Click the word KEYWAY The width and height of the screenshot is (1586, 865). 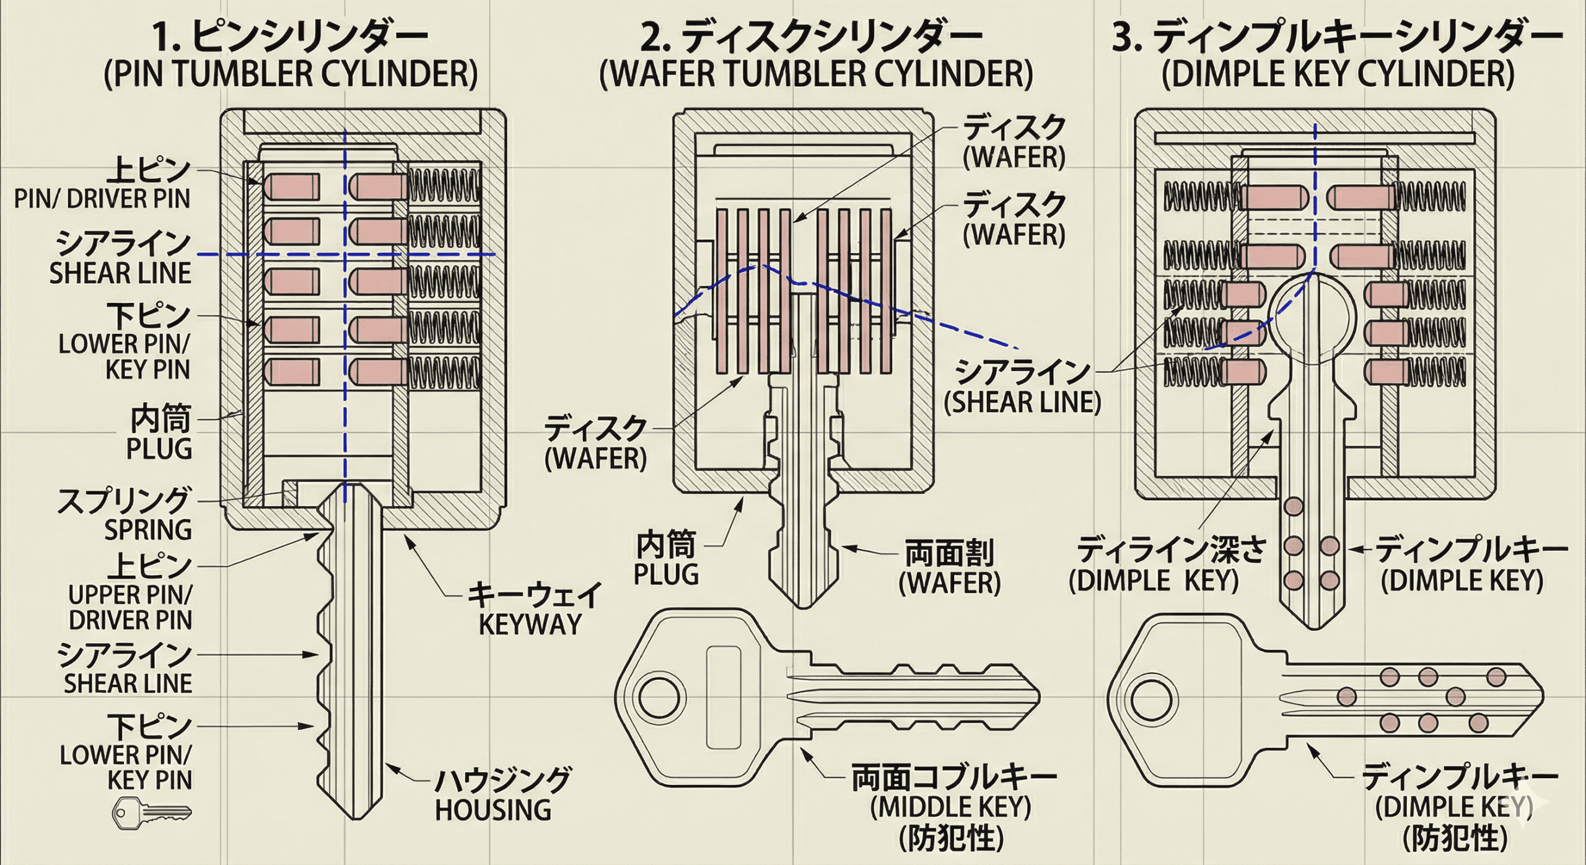(531, 625)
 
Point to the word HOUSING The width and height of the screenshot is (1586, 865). (493, 810)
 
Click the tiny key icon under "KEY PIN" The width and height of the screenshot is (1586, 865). (151, 813)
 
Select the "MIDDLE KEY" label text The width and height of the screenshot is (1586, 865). (950, 807)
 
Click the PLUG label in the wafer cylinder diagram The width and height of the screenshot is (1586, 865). (666, 574)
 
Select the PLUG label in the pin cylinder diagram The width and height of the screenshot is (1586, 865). (159, 449)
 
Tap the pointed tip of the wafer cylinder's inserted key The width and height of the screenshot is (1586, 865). (804, 605)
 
